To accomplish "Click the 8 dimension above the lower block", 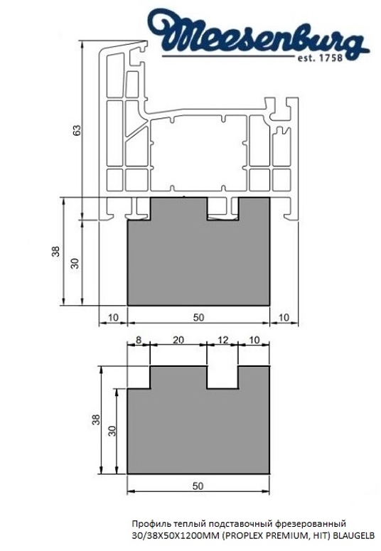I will coord(138,340).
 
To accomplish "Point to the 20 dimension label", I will coord(178,340).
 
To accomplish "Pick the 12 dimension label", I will coord(222,340).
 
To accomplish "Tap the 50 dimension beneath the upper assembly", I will coord(198,316).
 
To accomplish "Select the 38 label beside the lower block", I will coord(97,419).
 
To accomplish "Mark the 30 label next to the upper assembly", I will coord(73,262).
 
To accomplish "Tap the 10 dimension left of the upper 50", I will coord(112,316).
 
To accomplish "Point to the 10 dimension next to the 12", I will coord(254,340).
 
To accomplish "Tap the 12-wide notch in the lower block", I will coord(222,377).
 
